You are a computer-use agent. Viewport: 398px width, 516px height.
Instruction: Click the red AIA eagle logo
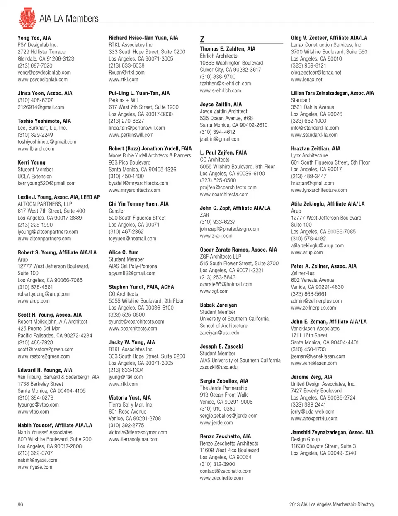coord(27,18)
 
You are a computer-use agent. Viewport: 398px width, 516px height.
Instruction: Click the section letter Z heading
coord(202,39)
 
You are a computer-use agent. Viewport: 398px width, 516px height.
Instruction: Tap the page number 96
coord(20,504)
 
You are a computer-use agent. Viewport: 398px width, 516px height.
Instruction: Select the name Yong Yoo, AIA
coord(34,38)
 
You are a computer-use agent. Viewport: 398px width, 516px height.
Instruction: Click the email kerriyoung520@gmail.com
coord(46,183)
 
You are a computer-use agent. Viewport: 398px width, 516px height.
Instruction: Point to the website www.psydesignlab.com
coord(42,80)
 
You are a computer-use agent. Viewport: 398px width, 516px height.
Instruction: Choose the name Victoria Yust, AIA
coord(130,397)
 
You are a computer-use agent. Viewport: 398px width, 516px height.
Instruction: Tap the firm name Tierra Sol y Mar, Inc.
coord(131,405)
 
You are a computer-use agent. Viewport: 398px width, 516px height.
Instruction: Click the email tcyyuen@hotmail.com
coord(132,239)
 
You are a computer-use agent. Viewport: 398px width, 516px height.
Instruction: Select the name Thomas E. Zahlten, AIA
coord(228,49)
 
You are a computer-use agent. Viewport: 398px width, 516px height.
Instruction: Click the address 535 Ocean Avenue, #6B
coord(226,118)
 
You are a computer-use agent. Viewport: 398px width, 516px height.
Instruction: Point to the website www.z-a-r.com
coord(216,236)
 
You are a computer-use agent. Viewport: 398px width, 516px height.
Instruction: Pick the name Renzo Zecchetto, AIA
coord(225,436)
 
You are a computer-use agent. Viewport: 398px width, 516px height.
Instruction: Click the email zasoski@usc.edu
coord(218,367)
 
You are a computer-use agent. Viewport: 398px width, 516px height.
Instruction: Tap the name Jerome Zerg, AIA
coord(311,377)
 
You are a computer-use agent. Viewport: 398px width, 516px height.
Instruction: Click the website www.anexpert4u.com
coord(314,419)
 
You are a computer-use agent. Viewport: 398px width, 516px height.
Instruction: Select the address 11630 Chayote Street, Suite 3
coord(323,446)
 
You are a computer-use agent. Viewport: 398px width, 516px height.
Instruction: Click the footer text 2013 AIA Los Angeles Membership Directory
coord(332,504)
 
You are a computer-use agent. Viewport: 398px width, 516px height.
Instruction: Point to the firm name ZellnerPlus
coord(303,273)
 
